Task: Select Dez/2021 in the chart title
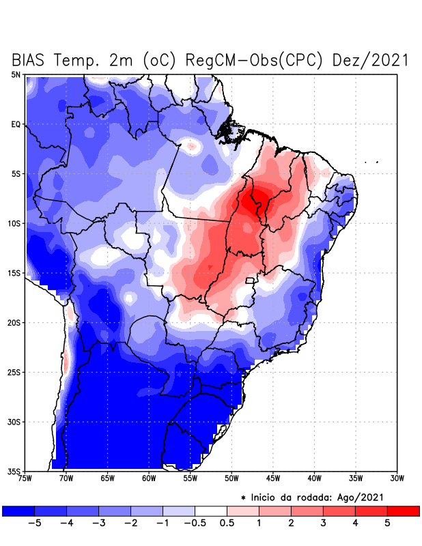(x=371, y=60)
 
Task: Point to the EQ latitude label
(x=16, y=124)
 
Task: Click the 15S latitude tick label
(x=14, y=273)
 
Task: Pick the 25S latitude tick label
(x=14, y=372)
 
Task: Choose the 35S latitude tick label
(x=14, y=471)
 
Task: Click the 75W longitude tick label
(x=25, y=478)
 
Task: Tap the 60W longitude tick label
(x=149, y=478)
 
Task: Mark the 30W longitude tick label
(x=397, y=478)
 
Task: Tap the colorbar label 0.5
(x=227, y=523)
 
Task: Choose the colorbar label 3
(x=323, y=523)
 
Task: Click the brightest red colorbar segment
(x=403, y=511)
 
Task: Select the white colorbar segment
(x=210, y=511)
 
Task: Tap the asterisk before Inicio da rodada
(x=243, y=498)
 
